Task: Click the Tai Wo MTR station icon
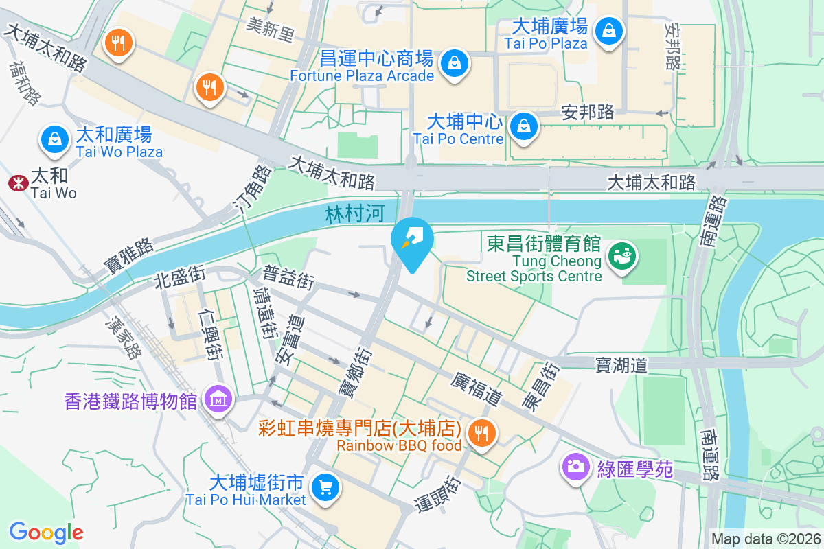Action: [x=16, y=183]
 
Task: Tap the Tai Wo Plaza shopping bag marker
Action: [x=54, y=139]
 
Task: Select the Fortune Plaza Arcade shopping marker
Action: [x=455, y=63]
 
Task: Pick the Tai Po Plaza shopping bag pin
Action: [x=609, y=30]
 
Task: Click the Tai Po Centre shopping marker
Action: [x=524, y=126]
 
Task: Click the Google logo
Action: [x=46, y=533]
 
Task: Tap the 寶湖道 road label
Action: [x=621, y=365]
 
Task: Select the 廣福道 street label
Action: [x=477, y=388]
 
